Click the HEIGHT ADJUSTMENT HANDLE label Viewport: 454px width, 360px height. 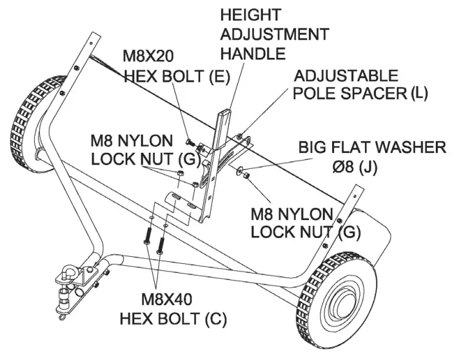pos(274,34)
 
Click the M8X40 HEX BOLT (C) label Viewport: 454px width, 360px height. pos(172,309)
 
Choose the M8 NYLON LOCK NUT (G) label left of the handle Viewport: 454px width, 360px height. pos(132,150)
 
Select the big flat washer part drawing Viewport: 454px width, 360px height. pos(240,172)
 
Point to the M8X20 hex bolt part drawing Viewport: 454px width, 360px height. pos(190,141)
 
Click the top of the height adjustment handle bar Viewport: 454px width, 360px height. pos(223,114)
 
